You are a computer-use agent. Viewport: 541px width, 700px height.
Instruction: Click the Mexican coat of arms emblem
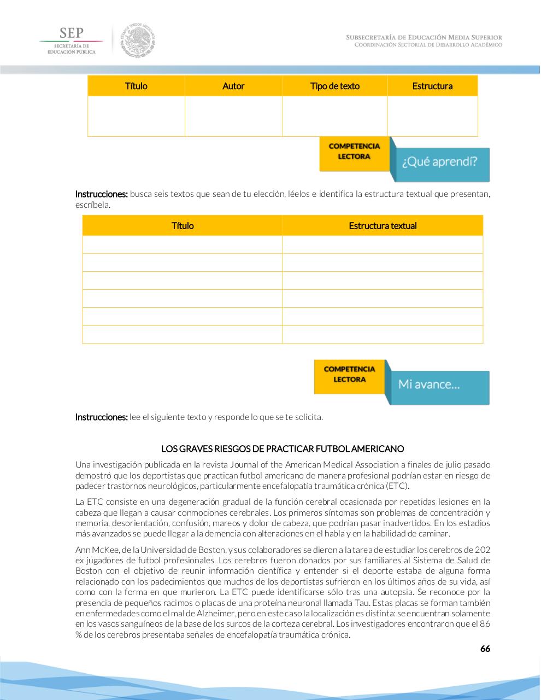[x=138, y=40]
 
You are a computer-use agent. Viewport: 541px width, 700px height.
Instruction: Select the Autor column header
[x=233, y=86]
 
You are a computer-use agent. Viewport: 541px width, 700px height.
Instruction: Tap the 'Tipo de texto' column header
[x=334, y=86]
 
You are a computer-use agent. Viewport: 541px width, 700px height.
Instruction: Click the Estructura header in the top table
[x=432, y=86]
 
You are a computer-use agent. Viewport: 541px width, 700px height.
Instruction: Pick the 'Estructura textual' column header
[x=383, y=226]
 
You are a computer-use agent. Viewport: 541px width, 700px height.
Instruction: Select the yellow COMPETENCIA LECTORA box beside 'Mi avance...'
[x=350, y=375]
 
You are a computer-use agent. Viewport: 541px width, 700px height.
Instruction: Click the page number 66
[x=485, y=649]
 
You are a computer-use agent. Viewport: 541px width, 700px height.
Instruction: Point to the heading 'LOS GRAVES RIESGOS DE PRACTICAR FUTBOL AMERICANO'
[x=283, y=449]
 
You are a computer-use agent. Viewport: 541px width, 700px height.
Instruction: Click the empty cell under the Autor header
[x=233, y=116]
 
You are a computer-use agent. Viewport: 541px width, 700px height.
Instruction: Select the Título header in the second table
[x=183, y=226]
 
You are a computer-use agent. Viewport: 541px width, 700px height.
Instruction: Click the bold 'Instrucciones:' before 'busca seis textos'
[x=101, y=194]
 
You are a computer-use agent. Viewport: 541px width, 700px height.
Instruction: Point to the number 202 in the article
[x=482, y=550]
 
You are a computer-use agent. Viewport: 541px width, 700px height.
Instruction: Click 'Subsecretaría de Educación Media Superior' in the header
[x=424, y=37]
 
